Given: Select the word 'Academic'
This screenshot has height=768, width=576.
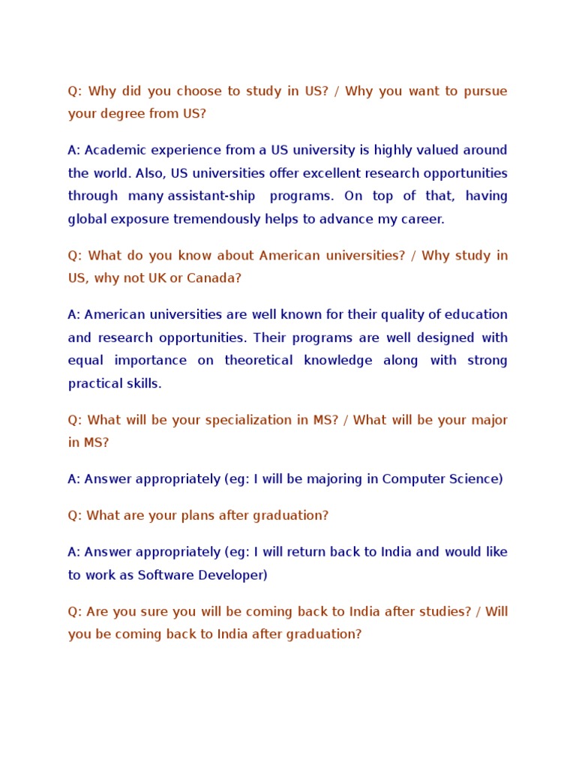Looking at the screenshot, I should (115, 150).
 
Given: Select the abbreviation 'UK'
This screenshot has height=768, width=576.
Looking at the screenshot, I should (157, 278).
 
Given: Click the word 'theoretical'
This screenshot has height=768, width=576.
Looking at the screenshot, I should (258, 360).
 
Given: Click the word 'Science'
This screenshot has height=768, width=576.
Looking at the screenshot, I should (475, 478).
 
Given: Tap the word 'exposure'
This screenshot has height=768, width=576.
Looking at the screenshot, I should (141, 219).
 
